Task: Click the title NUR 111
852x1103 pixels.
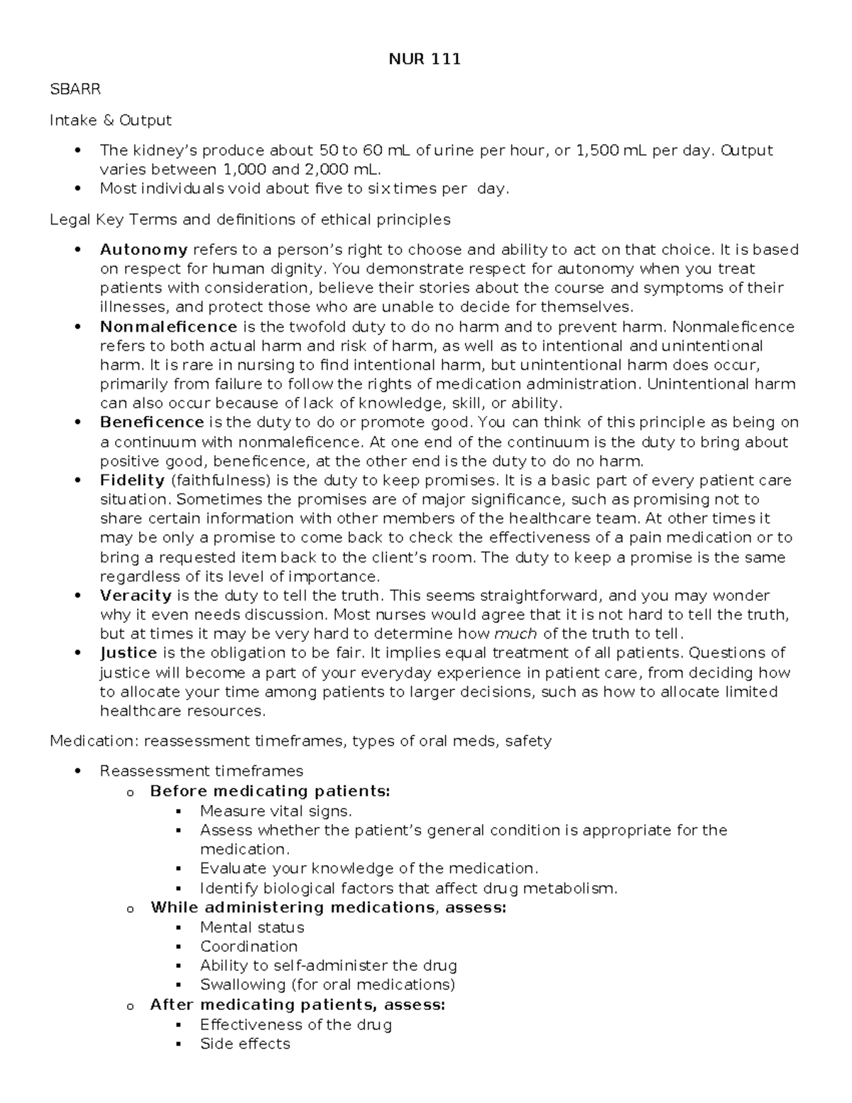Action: click(x=425, y=60)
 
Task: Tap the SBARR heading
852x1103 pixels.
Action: click(x=75, y=89)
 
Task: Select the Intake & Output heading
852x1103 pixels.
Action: click(x=110, y=120)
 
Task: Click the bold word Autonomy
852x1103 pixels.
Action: click(x=143, y=249)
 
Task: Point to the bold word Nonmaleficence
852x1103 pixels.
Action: click(x=168, y=327)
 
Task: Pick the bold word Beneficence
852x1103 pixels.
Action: click(x=152, y=423)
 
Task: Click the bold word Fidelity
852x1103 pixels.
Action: click(x=132, y=480)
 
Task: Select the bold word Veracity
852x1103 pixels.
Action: click(x=136, y=595)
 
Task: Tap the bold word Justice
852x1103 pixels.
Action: click(x=129, y=653)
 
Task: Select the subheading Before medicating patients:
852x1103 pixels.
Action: click(x=270, y=791)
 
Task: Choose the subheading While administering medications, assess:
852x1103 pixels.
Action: click(x=328, y=907)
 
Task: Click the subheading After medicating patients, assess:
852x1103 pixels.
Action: click(x=297, y=1004)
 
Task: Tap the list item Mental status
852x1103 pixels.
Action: click(x=252, y=927)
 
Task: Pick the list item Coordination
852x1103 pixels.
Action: click(x=248, y=946)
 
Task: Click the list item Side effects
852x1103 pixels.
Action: click(x=245, y=1043)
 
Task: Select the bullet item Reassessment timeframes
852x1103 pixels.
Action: click(x=202, y=771)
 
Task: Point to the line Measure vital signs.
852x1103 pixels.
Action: click(x=275, y=810)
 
